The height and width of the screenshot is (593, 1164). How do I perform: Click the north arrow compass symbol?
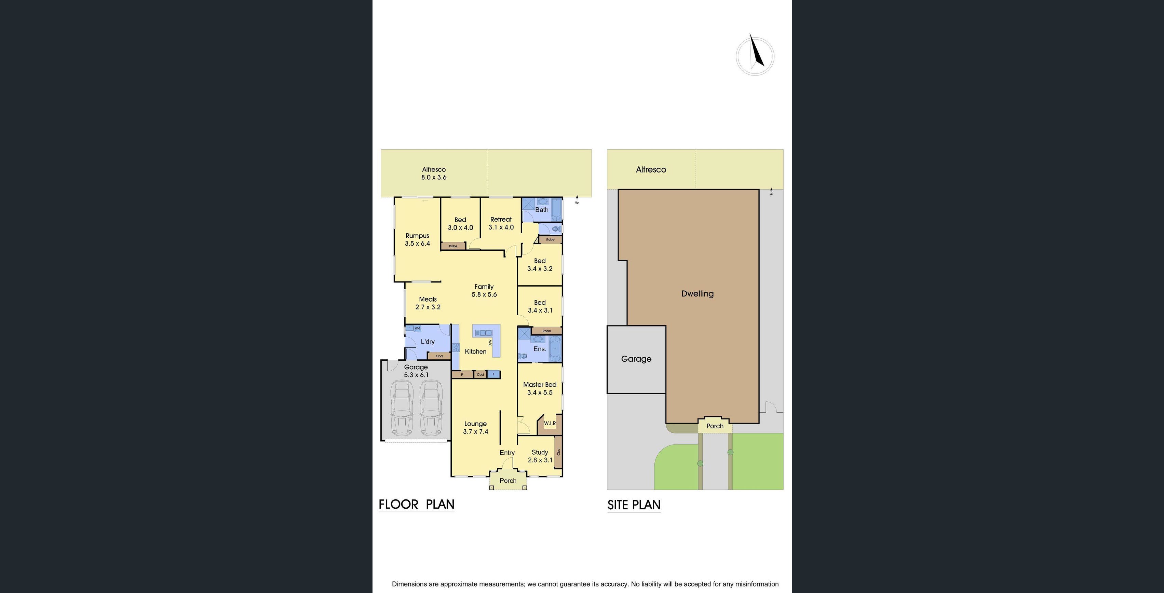755,55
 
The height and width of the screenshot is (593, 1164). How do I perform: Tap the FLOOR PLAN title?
416,505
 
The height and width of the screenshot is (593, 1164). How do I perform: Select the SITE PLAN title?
634,505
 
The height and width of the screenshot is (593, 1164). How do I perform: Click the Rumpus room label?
417,239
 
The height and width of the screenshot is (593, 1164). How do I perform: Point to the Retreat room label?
501,223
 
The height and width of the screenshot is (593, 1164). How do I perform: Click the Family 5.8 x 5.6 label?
484,290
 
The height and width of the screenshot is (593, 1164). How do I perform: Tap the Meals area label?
428,303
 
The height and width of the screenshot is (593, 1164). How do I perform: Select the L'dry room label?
428,342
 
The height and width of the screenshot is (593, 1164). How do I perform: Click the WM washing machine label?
417,328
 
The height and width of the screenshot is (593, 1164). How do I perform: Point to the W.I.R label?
550,423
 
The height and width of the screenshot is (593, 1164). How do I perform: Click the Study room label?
540,456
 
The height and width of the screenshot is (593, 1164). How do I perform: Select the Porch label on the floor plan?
508,481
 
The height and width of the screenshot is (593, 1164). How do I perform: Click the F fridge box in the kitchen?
493,374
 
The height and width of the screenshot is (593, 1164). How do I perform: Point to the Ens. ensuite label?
540,349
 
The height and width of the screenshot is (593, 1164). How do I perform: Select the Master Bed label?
540,388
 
